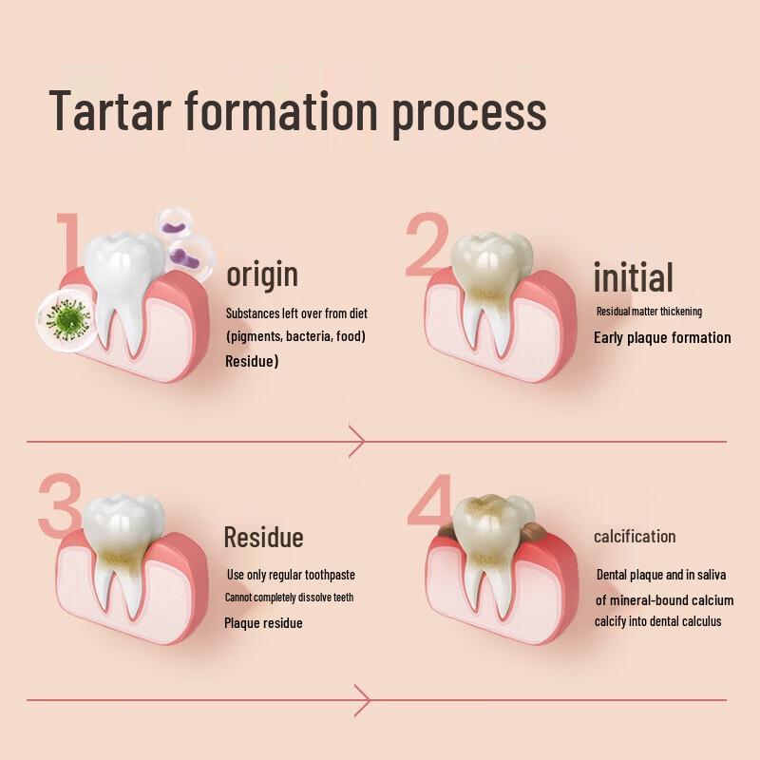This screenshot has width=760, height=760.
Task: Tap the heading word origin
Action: click(261, 275)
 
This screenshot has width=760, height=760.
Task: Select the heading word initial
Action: click(633, 276)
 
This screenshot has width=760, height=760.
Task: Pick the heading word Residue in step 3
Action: click(263, 538)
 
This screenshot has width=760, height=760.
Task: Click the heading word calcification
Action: click(635, 537)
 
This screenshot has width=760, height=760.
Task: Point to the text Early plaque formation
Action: click(662, 337)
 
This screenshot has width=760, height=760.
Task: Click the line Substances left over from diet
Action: click(296, 313)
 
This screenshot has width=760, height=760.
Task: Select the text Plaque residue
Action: click(263, 623)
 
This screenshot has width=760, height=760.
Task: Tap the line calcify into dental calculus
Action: click(658, 621)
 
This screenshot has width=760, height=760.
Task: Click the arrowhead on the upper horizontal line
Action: click(357, 442)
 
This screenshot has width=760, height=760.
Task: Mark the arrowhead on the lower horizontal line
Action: click(361, 700)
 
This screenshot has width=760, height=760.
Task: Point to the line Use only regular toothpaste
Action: click(291, 575)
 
